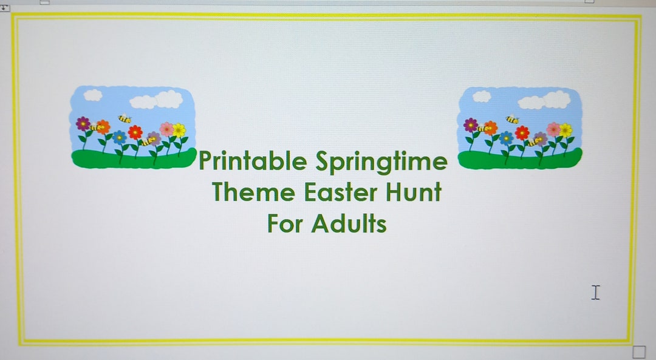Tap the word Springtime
point(381,162)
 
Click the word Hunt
point(414,193)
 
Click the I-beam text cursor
point(595,293)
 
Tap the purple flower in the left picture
point(83,124)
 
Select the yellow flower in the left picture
point(179,129)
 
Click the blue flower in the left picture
point(120,137)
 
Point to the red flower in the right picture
point(522,132)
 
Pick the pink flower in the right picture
point(553,129)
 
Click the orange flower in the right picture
point(490,127)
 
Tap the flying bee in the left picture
point(125,119)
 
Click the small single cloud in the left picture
point(93,95)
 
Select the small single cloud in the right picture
point(482,96)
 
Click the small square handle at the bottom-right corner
point(638,352)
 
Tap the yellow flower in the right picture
point(565,130)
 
